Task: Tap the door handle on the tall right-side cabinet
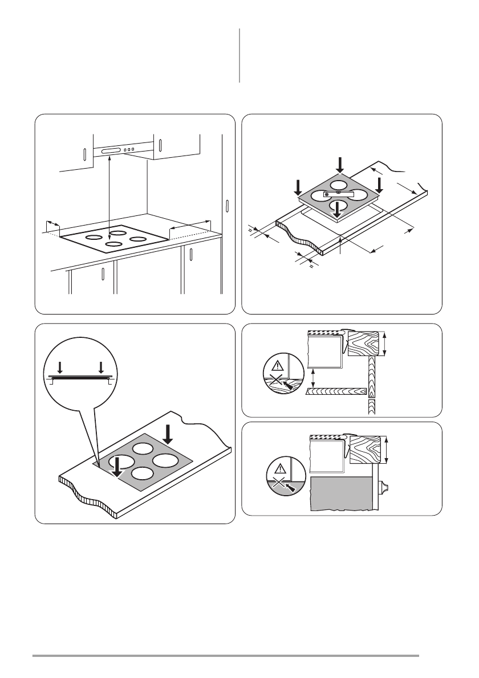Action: tap(227, 205)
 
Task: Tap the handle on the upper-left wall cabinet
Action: tap(84, 156)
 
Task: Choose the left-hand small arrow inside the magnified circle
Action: tap(60, 366)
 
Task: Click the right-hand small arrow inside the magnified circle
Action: tap(100, 366)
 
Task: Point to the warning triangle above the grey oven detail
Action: tap(279, 469)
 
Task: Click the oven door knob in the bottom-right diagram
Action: tap(383, 486)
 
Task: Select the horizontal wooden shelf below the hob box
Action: tap(336, 391)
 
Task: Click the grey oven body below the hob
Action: tap(340, 493)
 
